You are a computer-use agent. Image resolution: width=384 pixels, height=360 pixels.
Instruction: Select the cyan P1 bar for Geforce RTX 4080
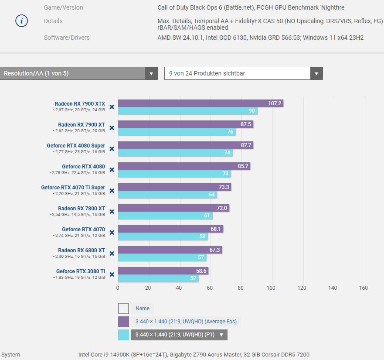click(x=174, y=174)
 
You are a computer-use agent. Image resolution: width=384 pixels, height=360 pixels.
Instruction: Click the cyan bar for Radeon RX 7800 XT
click(x=165, y=215)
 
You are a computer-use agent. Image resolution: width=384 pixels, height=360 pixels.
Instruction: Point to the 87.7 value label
click(x=246, y=145)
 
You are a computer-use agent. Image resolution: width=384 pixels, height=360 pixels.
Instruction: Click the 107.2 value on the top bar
click(x=275, y=103)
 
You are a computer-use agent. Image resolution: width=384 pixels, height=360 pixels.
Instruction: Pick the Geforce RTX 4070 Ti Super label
click(x=73, y=188)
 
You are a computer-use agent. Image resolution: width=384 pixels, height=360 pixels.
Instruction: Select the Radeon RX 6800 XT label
click(x=82, y=250)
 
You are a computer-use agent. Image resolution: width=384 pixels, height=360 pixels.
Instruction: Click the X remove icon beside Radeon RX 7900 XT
click(x=112, y=128)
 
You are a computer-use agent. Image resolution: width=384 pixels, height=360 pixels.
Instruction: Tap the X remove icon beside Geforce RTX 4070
click(x=112, y=233)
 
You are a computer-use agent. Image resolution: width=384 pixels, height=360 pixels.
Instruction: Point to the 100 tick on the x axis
click(x=271, y=288)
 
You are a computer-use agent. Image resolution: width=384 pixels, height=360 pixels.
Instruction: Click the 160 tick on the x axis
click(x=363, y=288)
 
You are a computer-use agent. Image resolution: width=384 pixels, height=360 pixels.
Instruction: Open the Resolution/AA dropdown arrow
click(x=151, y=73)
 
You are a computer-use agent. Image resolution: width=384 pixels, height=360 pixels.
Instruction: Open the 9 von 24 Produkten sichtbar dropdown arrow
click(x=316, y=73)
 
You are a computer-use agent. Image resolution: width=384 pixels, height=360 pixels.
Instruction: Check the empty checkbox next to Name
click(x=124, y=309)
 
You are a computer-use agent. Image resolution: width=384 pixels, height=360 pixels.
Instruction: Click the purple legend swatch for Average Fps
click(x=124, y=322)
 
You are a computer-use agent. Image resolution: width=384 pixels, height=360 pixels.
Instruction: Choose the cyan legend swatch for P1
click(x=124, y=335)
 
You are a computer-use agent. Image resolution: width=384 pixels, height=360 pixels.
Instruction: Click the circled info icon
click(x=22, y=21)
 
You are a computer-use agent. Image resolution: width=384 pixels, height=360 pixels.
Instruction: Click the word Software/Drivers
click(x=67, y=38)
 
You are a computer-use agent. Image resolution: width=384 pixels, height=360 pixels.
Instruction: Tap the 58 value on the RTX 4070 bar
click(x=203, y=237)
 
